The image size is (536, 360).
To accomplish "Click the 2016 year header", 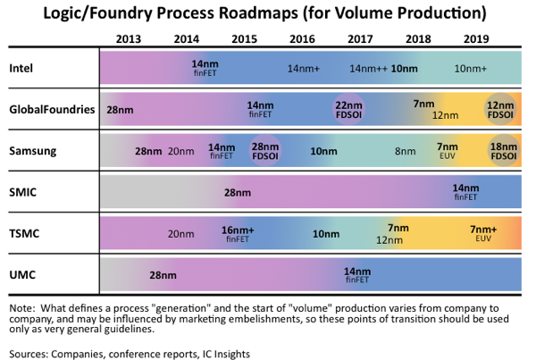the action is click(302, 39).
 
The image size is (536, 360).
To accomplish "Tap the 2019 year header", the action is click(476, 39).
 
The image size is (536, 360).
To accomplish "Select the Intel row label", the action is click(21, 69).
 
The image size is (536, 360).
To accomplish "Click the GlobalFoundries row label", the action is click(52, 109).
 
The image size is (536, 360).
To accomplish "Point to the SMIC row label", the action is click(22, 192).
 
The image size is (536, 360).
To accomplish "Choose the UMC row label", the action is click(22, 275).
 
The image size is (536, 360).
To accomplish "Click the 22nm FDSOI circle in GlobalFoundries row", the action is click(348, 109).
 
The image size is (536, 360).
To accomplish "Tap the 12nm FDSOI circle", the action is click(500, 109).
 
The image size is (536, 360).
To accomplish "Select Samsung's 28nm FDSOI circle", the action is click(265, 151).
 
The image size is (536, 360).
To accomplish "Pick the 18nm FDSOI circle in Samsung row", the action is click(504, 151).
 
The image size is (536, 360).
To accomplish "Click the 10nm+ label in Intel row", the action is click(471, 69).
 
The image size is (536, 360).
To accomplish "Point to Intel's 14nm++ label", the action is click(368, 69).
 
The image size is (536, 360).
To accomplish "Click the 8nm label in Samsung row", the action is click(406, 151).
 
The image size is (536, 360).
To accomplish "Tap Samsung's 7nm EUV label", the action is click(448, 151).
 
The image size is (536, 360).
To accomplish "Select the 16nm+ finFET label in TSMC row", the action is click(238, 234).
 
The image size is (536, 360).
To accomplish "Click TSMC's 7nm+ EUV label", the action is click(483, 233).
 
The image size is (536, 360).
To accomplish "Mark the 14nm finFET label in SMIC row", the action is click(465, 192).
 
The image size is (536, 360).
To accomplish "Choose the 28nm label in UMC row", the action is click(163, 275).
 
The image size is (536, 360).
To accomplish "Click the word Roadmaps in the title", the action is click(258, 13).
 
